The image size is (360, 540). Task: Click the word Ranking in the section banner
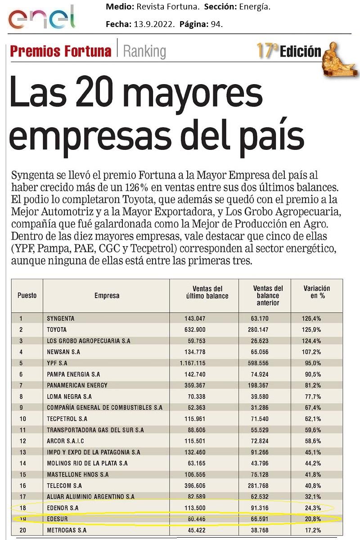click(144, 51)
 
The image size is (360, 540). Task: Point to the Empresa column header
click(107, 296)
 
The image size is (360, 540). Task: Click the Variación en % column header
click(316, 292)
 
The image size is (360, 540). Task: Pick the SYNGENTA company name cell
click(61, 319)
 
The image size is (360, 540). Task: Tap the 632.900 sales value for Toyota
click(195, 330)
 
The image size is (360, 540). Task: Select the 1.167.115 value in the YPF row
click(192, 363)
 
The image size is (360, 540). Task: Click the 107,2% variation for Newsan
click(311, 352)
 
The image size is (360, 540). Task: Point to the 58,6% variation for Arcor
click(311, 441)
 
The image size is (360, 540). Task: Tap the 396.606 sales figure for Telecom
click(195, 486)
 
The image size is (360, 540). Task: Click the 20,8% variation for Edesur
click(311, 519)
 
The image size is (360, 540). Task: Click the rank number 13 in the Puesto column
click(21, 452)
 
